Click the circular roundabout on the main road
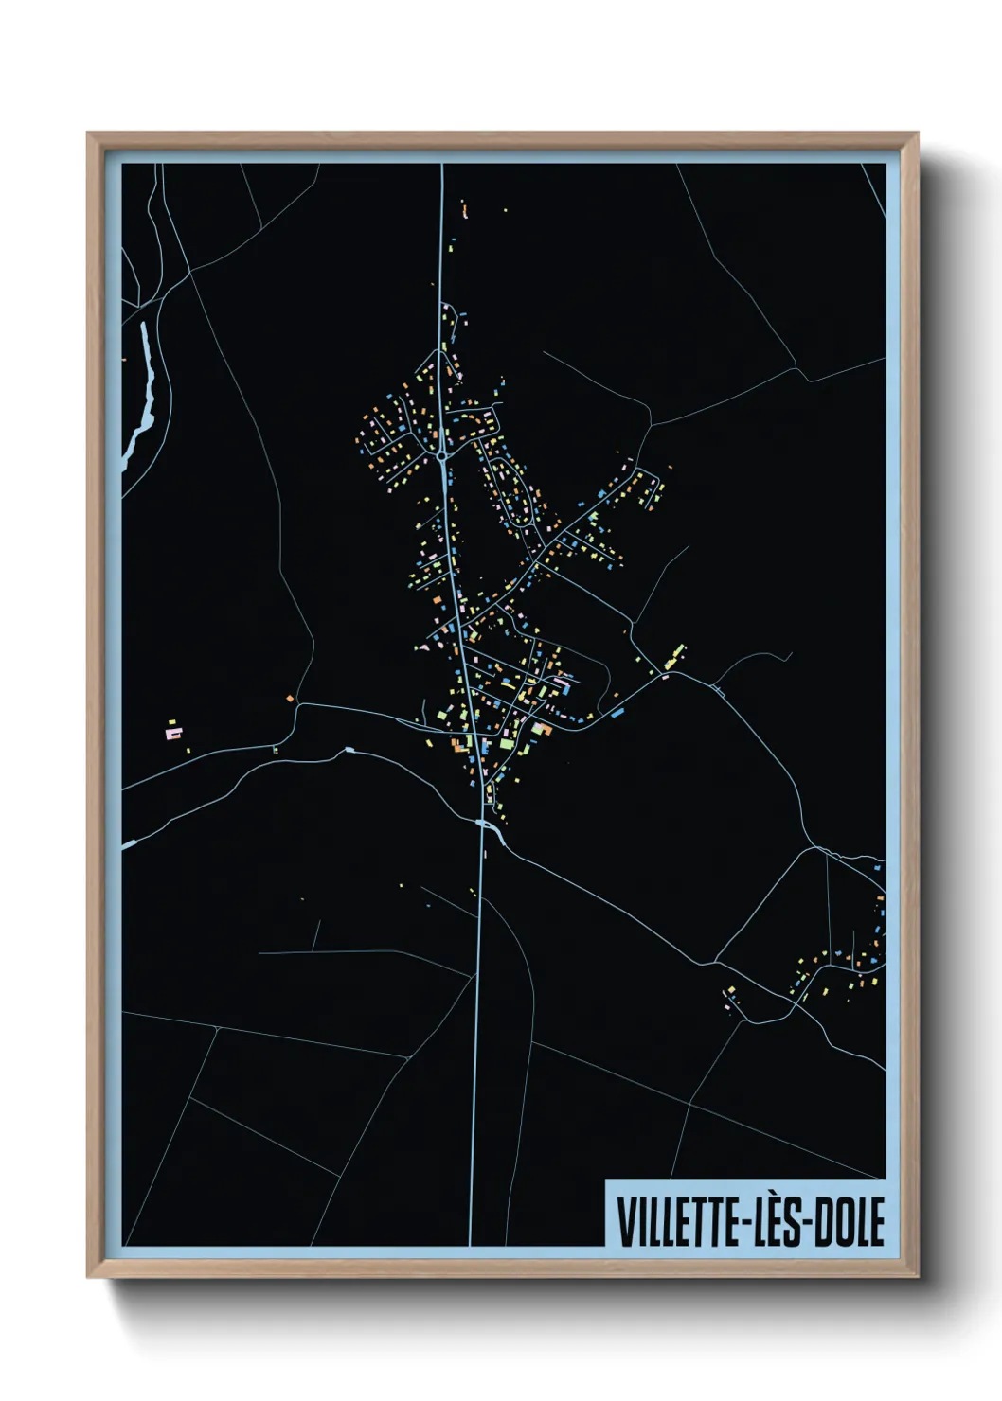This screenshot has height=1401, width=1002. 442,456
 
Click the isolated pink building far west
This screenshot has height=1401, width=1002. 172,733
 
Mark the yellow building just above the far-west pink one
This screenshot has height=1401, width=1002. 173,724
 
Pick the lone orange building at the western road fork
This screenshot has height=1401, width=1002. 291,699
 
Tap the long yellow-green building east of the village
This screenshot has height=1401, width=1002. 676,656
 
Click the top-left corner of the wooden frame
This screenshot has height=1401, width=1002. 88,133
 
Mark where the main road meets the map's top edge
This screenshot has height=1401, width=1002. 442,165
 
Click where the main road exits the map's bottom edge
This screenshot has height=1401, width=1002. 471,1244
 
